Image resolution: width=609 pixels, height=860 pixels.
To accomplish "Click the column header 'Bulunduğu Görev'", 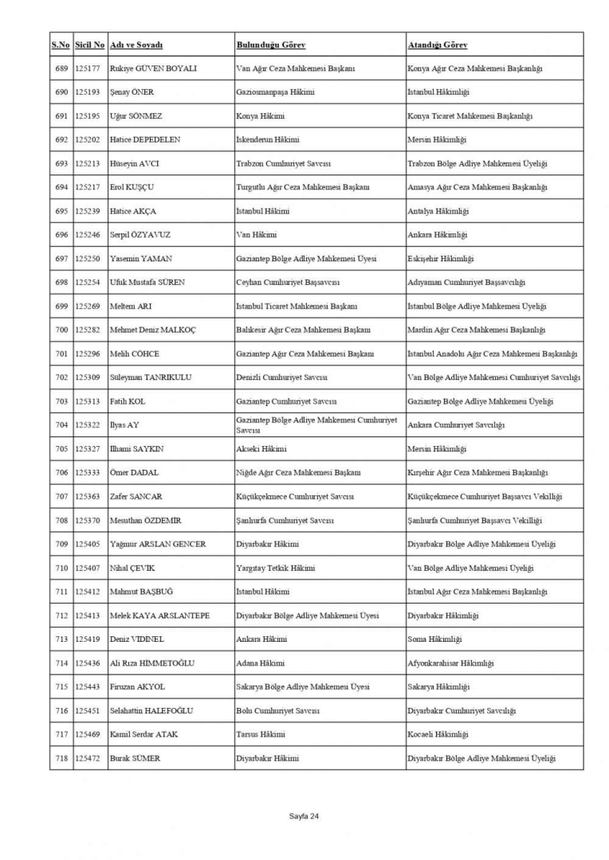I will tap(271, 45).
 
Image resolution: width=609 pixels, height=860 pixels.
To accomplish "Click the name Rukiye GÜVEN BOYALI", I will tap(153, 68).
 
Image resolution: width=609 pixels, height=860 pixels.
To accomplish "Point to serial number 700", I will tap(61, 330).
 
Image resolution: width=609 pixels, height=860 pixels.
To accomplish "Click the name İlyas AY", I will tap(126, 425).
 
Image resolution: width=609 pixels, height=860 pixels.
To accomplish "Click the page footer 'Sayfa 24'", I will tap(304, 816).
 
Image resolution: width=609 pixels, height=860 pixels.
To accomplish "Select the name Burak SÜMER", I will tap(135, 758).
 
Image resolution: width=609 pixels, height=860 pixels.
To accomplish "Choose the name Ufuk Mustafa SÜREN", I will tap(153, 283).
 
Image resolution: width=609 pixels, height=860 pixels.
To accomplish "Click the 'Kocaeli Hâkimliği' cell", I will tap(438, 734).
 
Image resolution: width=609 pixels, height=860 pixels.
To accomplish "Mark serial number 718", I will tap(61, 758).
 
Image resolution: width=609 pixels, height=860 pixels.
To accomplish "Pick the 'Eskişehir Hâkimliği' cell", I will tap(440, 259).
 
